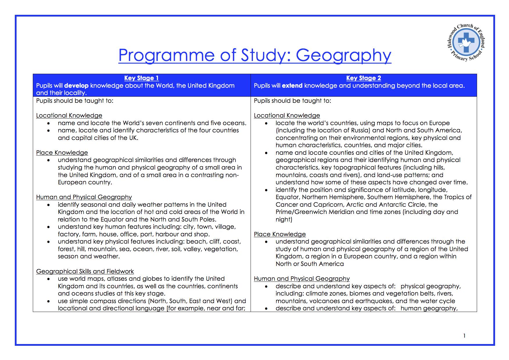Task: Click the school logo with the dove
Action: click(x=465, y=43)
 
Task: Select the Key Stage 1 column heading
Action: click(x=141, y=78)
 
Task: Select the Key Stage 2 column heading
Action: click(x=364, y=78)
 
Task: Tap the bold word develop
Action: click(x=76, y=86)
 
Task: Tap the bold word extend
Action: click(x=292, y=86)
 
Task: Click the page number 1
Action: click(x=464, y=336)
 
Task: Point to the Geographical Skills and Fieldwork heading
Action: click(x=85, y=271)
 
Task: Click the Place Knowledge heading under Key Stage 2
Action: click(x=280, y=234)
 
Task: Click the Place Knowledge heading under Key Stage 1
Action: click(x=62, y=153)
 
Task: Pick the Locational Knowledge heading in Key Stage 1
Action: click(x=69, y=116)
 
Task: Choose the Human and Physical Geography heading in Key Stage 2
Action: click(x=302, y=279)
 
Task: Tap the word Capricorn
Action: click(x=328, y=205)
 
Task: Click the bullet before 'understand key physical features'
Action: click(x=48, y=242)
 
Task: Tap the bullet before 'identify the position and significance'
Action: click(x=266, y=190)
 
